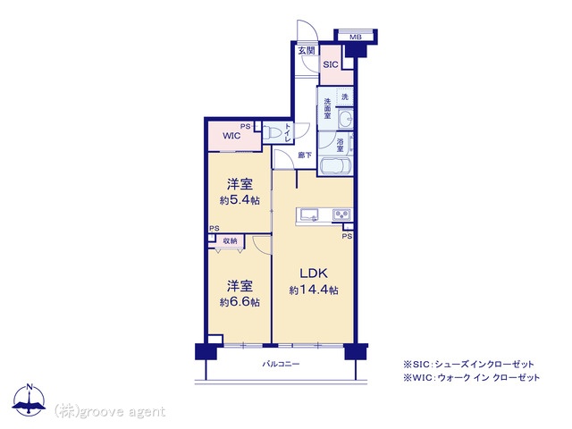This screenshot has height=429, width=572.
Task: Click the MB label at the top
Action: click(x=356, y=37)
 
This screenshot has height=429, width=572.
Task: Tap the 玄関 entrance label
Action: click(x=307, y=51)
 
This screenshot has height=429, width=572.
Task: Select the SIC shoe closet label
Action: click(x=331, y=65)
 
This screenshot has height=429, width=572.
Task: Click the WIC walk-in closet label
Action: click(x=231, y=136)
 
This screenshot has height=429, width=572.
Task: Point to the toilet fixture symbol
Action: click(x=271, y=133)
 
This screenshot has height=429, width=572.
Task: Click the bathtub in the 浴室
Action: click(x=335, y=166)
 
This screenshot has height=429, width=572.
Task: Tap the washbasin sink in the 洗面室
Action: click(x=345, y=118)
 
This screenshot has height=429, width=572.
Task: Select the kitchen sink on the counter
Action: click(x=309, y=214)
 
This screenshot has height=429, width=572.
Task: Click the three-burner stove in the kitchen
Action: click(x=341, y=214)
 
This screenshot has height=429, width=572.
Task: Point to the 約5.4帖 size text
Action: click(x=240, y=200)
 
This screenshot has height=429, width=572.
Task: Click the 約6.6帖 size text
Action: click(x=240, y=302)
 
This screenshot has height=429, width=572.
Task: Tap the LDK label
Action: click(x=314, y=273)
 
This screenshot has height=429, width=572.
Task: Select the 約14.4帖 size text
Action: click(x=314, y=290)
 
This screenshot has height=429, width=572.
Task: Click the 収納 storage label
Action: click(x=231, y=240)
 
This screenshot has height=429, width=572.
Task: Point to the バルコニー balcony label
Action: click(x=282, y=364)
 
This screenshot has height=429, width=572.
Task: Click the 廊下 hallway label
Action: click(x=305, y=155)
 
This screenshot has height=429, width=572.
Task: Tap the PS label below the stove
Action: click(x=347, y=236)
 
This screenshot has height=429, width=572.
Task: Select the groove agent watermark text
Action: click(x=109, y=411)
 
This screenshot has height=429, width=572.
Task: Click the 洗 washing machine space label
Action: click(x=345, y=97)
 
